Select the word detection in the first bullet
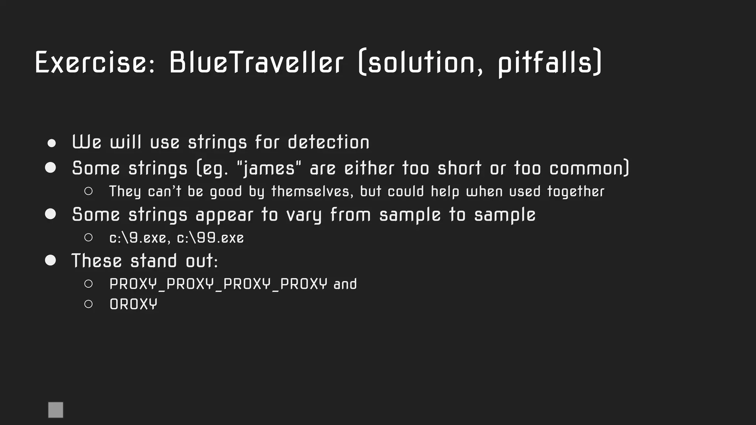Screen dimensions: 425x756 tap(328, 142)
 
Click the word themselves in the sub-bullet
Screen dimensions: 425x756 tap(312, 191)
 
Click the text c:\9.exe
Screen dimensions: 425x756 tap(138, 238)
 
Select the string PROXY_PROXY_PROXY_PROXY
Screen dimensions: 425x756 tap(218, 284)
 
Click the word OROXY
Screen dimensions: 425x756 tap(133, 304)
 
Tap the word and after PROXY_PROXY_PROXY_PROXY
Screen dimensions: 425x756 tap(345, 284)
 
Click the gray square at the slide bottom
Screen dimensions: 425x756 tap(56, 410)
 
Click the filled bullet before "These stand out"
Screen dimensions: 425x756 tap(51, 260)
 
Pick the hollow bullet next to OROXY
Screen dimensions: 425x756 tap(88, 304)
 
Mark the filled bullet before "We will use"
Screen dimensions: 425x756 tap(52, 143)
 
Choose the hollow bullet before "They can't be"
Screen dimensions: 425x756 tap(88, 191)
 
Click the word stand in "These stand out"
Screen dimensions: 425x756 tap(154, 261)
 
